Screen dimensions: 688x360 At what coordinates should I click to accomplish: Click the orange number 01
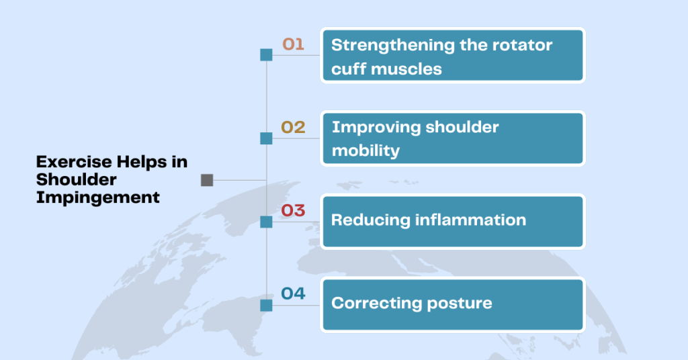pyautogui.click(x=293, y=44)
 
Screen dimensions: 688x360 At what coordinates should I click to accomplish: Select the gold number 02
pyautogui.click(x=293, y=128)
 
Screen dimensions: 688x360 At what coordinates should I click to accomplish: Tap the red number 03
pyautogui.click(x=293, y=210)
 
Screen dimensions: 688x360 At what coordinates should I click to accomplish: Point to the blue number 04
pyautogui.click(x=293, y=294)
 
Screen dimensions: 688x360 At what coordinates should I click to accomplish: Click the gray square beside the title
pyautogui.click(x=207, y=180)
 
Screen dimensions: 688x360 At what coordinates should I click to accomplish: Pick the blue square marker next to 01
pyautogui.click(x=266, y=55)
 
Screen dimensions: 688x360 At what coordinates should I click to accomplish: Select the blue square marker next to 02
pyautogui.click(x=266, y=138)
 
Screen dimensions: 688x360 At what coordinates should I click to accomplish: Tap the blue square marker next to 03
pyautogui.click(x=266, y=222)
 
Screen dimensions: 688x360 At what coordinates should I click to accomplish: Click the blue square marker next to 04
pyautogui.click(x=266, y=306)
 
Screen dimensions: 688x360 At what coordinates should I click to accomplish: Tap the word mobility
pyautogui.click(x=366, y=151)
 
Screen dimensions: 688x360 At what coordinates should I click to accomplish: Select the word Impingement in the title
pyautogui.click(x=98, y=197)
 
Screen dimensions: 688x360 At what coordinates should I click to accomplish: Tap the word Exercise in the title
pyautogui.click(x=74, y=162)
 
